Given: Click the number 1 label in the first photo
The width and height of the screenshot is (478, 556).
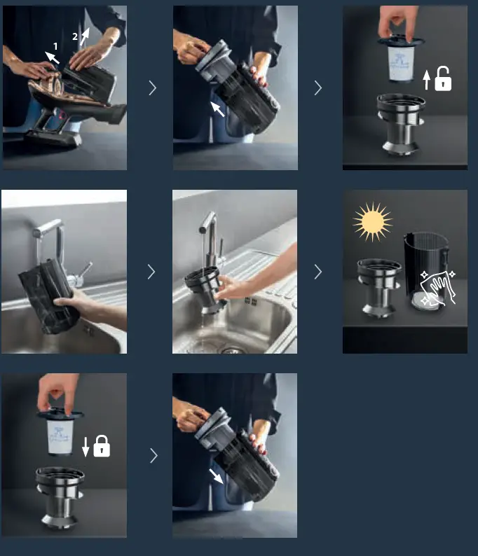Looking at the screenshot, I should tap(55, 46).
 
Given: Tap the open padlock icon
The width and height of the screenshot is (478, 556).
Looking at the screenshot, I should tap(443, 80).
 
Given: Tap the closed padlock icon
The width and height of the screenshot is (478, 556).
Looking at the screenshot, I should tap(102, 446).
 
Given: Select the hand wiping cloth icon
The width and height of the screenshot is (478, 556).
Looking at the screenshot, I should tap(437, 287).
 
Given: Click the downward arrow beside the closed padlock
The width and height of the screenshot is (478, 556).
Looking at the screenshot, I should tap(86, 447).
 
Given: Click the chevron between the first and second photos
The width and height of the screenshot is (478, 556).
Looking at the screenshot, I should tap(152, 88).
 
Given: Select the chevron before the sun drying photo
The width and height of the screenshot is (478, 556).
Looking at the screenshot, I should tap(318, 272).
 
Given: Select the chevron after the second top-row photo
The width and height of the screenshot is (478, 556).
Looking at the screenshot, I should tap(318, 88).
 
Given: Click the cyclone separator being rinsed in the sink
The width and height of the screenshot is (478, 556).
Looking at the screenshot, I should tap(205, 287).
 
